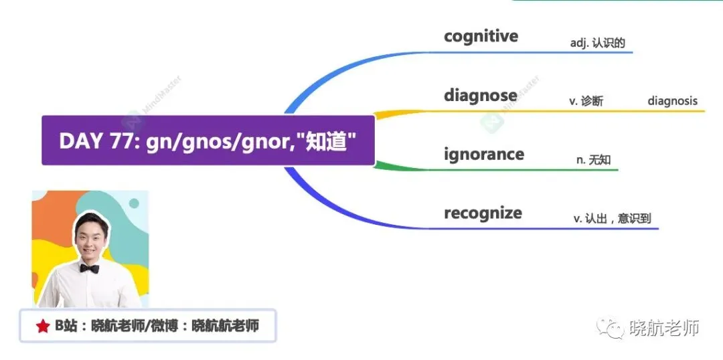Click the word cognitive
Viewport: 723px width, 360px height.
click(x=481, y=36)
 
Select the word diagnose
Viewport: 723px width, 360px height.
click(x=481, y=96)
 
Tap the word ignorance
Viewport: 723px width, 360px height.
click(x=484, y=154)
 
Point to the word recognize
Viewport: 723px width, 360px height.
click(x=483, y=213)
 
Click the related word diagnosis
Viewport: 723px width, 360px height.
click(x=672, y=101)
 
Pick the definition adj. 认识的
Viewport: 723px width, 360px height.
click(x=598, y=43)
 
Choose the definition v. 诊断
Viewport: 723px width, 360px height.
click(x=586, y=102)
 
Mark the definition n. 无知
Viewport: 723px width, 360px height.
click(x=594, y=160)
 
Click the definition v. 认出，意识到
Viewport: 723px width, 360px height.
click(x=613, y=219)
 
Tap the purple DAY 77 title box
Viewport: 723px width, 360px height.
click(x=208, y=140)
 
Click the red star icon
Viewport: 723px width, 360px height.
click(x=42, y=327)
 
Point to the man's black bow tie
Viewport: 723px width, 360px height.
click(x=89, y=268)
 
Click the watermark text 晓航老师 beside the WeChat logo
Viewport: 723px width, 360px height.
click(x=665, y=328)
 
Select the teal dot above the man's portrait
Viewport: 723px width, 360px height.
click(x=134, y=203)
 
